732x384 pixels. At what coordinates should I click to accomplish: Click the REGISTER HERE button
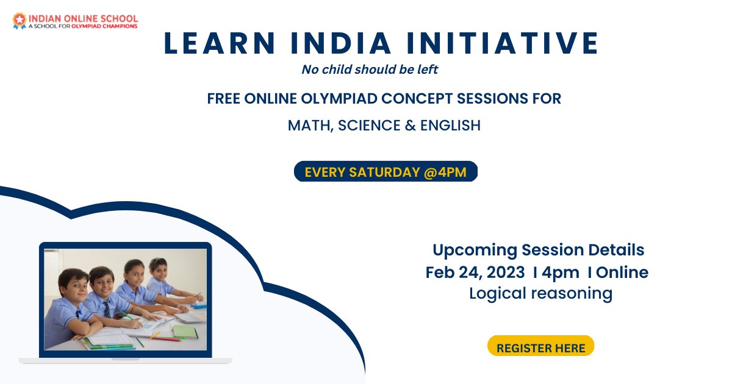point(540,348)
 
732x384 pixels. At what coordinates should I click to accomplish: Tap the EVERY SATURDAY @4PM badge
point(386,172)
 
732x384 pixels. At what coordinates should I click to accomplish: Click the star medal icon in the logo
point(19,21)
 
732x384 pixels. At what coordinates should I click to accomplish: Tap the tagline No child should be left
point(370,69)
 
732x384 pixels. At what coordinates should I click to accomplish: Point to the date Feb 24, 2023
point(475,272)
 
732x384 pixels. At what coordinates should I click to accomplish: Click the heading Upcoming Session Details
point(538,250)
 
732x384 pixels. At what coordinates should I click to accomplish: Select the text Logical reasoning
point(540,293)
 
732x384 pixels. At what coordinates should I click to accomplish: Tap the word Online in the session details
point(622,272)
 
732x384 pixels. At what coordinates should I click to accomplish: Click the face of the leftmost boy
point(74,285)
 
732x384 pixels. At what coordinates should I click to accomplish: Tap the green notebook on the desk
point(184,331)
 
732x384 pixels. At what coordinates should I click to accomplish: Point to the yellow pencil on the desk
point(154,335)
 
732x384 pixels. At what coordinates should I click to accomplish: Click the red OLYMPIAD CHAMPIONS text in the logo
point(104,26)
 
